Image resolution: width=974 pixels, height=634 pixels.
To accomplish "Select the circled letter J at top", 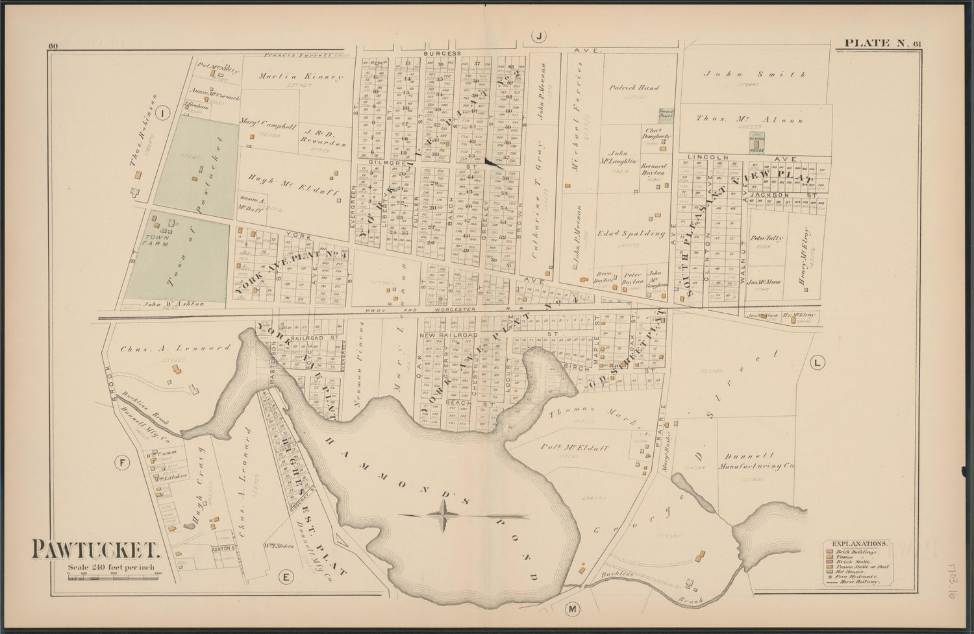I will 540,37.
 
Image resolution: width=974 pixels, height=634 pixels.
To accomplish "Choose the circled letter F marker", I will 121,463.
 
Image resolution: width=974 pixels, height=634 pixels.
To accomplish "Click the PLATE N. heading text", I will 874,43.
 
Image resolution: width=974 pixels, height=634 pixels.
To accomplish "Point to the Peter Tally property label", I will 767,238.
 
